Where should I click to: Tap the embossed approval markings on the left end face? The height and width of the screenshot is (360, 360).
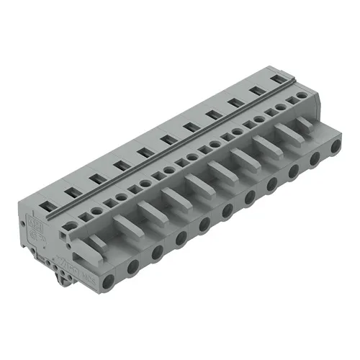[x=37, y=229]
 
